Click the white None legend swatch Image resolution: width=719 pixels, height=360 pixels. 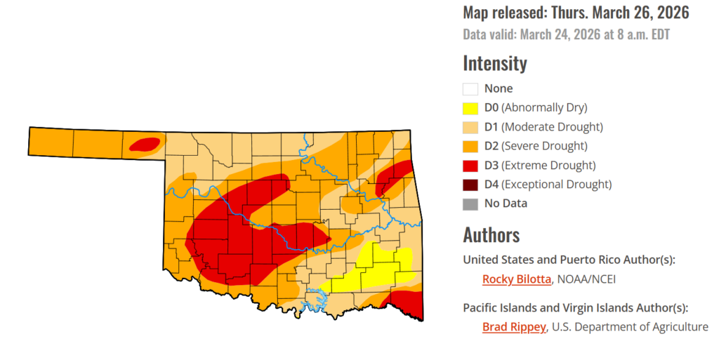click(470, 89)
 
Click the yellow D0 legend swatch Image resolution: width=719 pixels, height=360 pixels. click(470, 108)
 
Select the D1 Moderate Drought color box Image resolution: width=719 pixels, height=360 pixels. click(470, 127)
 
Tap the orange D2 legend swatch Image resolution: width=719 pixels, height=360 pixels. click(470, 146)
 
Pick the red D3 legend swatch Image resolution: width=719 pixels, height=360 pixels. click(470, 166)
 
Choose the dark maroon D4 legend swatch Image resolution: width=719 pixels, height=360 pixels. click(470, 185)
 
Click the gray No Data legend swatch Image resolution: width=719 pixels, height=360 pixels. click(470, 204)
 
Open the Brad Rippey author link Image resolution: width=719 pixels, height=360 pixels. click(513, 327)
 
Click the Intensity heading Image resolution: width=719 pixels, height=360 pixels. click(494, 63)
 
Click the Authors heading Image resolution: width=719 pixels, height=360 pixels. click(491, 234)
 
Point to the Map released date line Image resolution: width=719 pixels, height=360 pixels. click(576, 13)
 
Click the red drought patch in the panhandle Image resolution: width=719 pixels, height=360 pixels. click(145, 145)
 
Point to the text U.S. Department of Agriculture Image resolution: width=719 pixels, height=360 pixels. click(631, 327)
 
